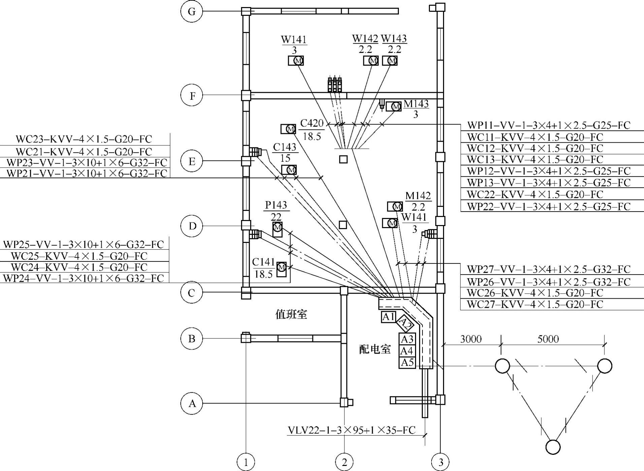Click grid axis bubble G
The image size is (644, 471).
(x=192, y=11)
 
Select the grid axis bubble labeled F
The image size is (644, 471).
(x=192, y=96)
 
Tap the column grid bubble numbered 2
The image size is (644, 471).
(x=344, y=462)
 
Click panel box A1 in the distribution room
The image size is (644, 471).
(x=388, y=317)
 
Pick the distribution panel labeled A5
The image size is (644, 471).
(x=407, y=363)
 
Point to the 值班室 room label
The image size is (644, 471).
(x=291, y=315)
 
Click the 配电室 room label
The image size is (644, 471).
(x=375, y=350)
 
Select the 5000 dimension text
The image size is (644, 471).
(x=548, y=339)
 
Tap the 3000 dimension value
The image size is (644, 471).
(x=471, y=339)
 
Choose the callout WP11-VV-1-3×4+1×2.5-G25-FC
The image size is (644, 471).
(x=548, y=125)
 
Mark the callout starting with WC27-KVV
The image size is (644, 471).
(x=535, y=304)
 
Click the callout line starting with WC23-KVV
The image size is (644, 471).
(x=84, y=139)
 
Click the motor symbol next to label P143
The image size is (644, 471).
(x=277, y=228)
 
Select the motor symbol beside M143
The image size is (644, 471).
(x=396, y=107)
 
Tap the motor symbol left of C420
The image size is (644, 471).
(x=291, y=129)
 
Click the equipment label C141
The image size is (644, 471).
(x=263, y=262)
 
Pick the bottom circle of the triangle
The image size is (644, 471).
(x=553, y=447)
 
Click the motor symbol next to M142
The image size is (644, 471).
(x=397, y=207)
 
